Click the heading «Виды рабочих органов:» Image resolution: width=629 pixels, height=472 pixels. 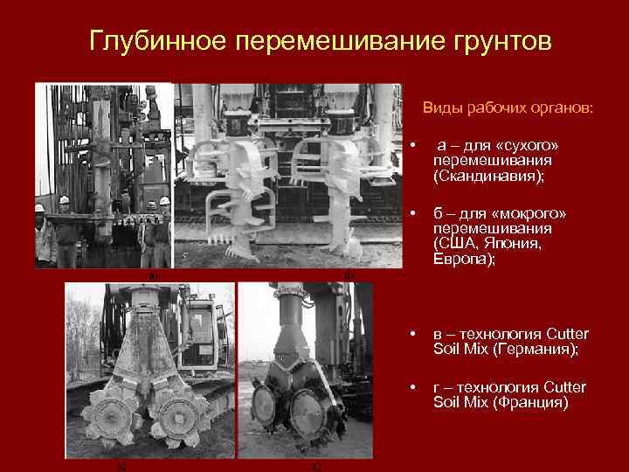coord(507,108)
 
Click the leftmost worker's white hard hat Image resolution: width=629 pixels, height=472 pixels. coord(39,208)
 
